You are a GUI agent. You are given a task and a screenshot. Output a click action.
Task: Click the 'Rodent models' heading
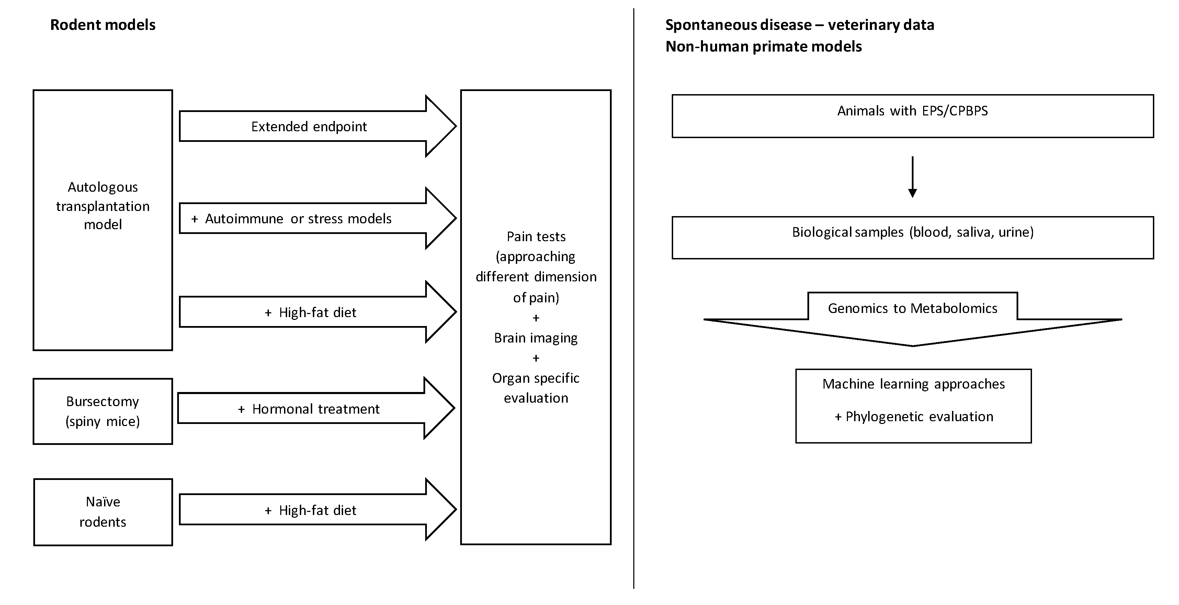(103, 25)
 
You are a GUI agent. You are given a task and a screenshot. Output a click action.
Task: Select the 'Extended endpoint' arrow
(309, 126)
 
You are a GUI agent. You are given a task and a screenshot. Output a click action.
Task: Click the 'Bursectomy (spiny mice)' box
(103, 411)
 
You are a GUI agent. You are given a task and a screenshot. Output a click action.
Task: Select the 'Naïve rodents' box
(103, 512)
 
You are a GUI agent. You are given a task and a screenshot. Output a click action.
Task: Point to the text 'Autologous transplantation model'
(103, 206)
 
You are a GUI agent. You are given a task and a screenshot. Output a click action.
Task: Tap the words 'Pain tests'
(535, 237)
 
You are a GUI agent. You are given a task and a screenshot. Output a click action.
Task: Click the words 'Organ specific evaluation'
(535, 388)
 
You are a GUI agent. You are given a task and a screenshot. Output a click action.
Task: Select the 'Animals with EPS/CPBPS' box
(912, 115)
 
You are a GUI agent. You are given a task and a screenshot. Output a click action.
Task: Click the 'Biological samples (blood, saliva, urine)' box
(912, 237)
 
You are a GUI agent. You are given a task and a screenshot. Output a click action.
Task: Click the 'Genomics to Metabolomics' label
(912, 308)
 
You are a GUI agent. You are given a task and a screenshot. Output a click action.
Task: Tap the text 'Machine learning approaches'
(913, 384)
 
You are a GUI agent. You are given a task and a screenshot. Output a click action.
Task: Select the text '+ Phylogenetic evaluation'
(914, 417)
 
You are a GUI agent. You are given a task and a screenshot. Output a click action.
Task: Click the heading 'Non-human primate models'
(763, 47)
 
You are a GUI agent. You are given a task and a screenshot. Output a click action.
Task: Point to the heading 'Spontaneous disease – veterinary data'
(799, 25)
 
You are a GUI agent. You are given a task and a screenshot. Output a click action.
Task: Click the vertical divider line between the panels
(633, 298)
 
